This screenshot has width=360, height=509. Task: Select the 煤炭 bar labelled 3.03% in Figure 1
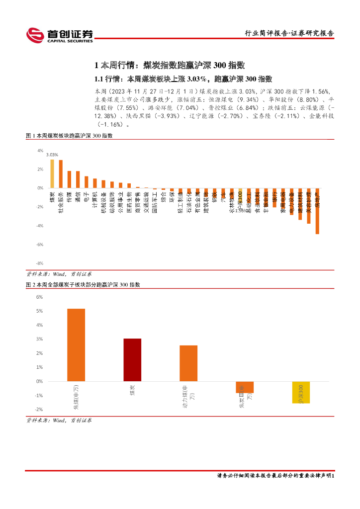tap(52, 174)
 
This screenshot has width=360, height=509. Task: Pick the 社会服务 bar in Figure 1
tap(61, 174)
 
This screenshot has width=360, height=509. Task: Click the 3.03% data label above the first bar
tap(52, 155)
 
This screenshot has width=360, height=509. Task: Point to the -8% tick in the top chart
tap(40, 263)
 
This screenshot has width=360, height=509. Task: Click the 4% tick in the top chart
tap(40, 150)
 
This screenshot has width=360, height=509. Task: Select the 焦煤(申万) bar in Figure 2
tap(76, 345)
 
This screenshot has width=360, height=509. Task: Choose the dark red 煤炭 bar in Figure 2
tap(132, 360)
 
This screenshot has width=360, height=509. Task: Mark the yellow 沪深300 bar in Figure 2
tap(301, 392)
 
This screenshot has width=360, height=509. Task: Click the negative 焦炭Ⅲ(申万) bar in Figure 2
tap(245, 387)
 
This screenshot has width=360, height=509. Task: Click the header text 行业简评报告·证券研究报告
tap(290, 33)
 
